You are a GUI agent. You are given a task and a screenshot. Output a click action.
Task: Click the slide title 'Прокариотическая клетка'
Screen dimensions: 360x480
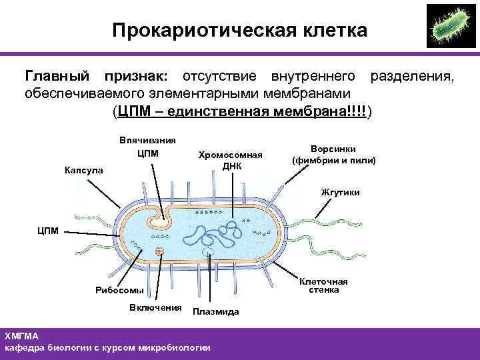(239, 31)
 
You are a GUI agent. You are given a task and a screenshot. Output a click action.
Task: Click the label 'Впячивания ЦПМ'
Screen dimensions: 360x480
(147, 147)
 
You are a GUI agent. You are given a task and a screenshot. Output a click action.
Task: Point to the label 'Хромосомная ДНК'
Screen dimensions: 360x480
(231, 159)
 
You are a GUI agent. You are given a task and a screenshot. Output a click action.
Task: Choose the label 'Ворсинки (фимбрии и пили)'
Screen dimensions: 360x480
(333, 155)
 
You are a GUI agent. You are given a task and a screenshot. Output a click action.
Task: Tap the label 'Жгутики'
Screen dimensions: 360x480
(340, 192)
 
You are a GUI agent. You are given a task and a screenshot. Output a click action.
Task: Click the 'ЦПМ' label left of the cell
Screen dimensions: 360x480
(48, 231)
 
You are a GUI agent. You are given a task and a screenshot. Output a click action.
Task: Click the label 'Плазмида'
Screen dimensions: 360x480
(216, 311)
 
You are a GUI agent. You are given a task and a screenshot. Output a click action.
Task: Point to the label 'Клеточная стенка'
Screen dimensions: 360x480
(324, 285)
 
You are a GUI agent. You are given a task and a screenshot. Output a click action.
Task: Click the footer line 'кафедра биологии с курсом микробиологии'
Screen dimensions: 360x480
(107, 347)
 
